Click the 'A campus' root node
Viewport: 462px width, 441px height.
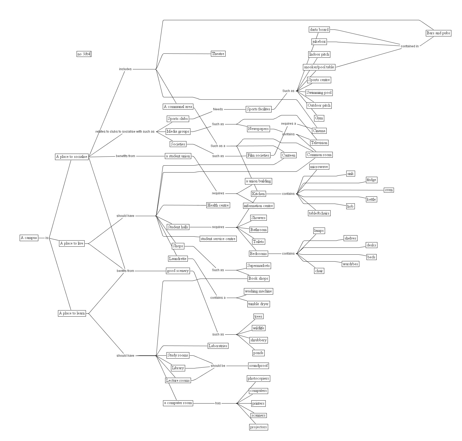coord(29,238)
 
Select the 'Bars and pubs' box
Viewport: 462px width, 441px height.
coord(438,33)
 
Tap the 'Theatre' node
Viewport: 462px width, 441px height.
coord(218,54)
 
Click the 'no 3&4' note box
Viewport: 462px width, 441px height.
coord(84,54)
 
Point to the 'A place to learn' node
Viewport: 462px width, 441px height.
coord(72,313)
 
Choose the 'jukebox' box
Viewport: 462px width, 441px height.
coord(319,42)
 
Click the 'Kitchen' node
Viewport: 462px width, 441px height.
coord(258,194)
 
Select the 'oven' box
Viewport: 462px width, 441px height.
coord(389,190)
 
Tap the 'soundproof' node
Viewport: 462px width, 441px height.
coord(258,366)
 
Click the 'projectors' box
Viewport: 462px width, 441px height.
coord(258,427)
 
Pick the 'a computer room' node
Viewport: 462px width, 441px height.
coord(178,403)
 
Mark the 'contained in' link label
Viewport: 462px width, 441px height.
coord(410,46)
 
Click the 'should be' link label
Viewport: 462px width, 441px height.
coord(218,366)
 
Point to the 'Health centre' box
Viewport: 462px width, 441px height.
coord(218,205)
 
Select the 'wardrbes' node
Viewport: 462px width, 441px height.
coord(350,264)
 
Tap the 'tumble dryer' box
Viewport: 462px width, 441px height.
coord(258,304)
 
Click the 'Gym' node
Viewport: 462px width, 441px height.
coord(319,118)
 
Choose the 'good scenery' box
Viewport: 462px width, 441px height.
coord(178,271)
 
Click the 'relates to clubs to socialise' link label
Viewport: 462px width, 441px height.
coord(125,132)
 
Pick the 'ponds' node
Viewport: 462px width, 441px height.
coord(258,353)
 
